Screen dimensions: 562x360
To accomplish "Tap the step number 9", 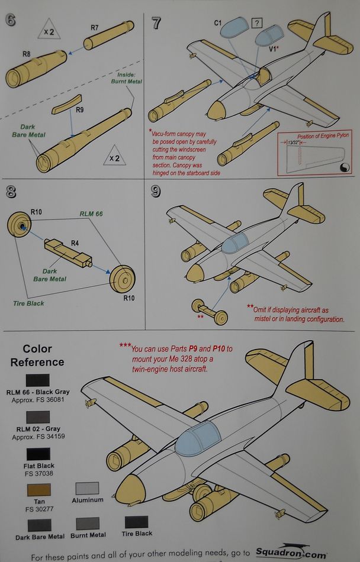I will click(156, 192).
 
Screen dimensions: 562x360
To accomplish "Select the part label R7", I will click(95, 27).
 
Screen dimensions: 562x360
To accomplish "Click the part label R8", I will click(27, 54).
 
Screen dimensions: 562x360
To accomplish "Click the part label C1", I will click(218, 22).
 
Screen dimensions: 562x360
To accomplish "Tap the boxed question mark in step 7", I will click(256, 24).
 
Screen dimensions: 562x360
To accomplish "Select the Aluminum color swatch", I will click(88, 489).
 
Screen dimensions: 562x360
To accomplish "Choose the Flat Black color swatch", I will click(37, 455).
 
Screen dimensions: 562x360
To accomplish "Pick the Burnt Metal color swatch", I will click(88, 523).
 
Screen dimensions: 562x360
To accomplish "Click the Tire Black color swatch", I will click(137, 522).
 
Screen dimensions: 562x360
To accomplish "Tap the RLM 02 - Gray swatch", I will click(37, 417).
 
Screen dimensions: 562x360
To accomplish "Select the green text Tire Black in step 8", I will click(29, 303).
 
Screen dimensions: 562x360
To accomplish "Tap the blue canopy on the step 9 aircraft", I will click(234, 243).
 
